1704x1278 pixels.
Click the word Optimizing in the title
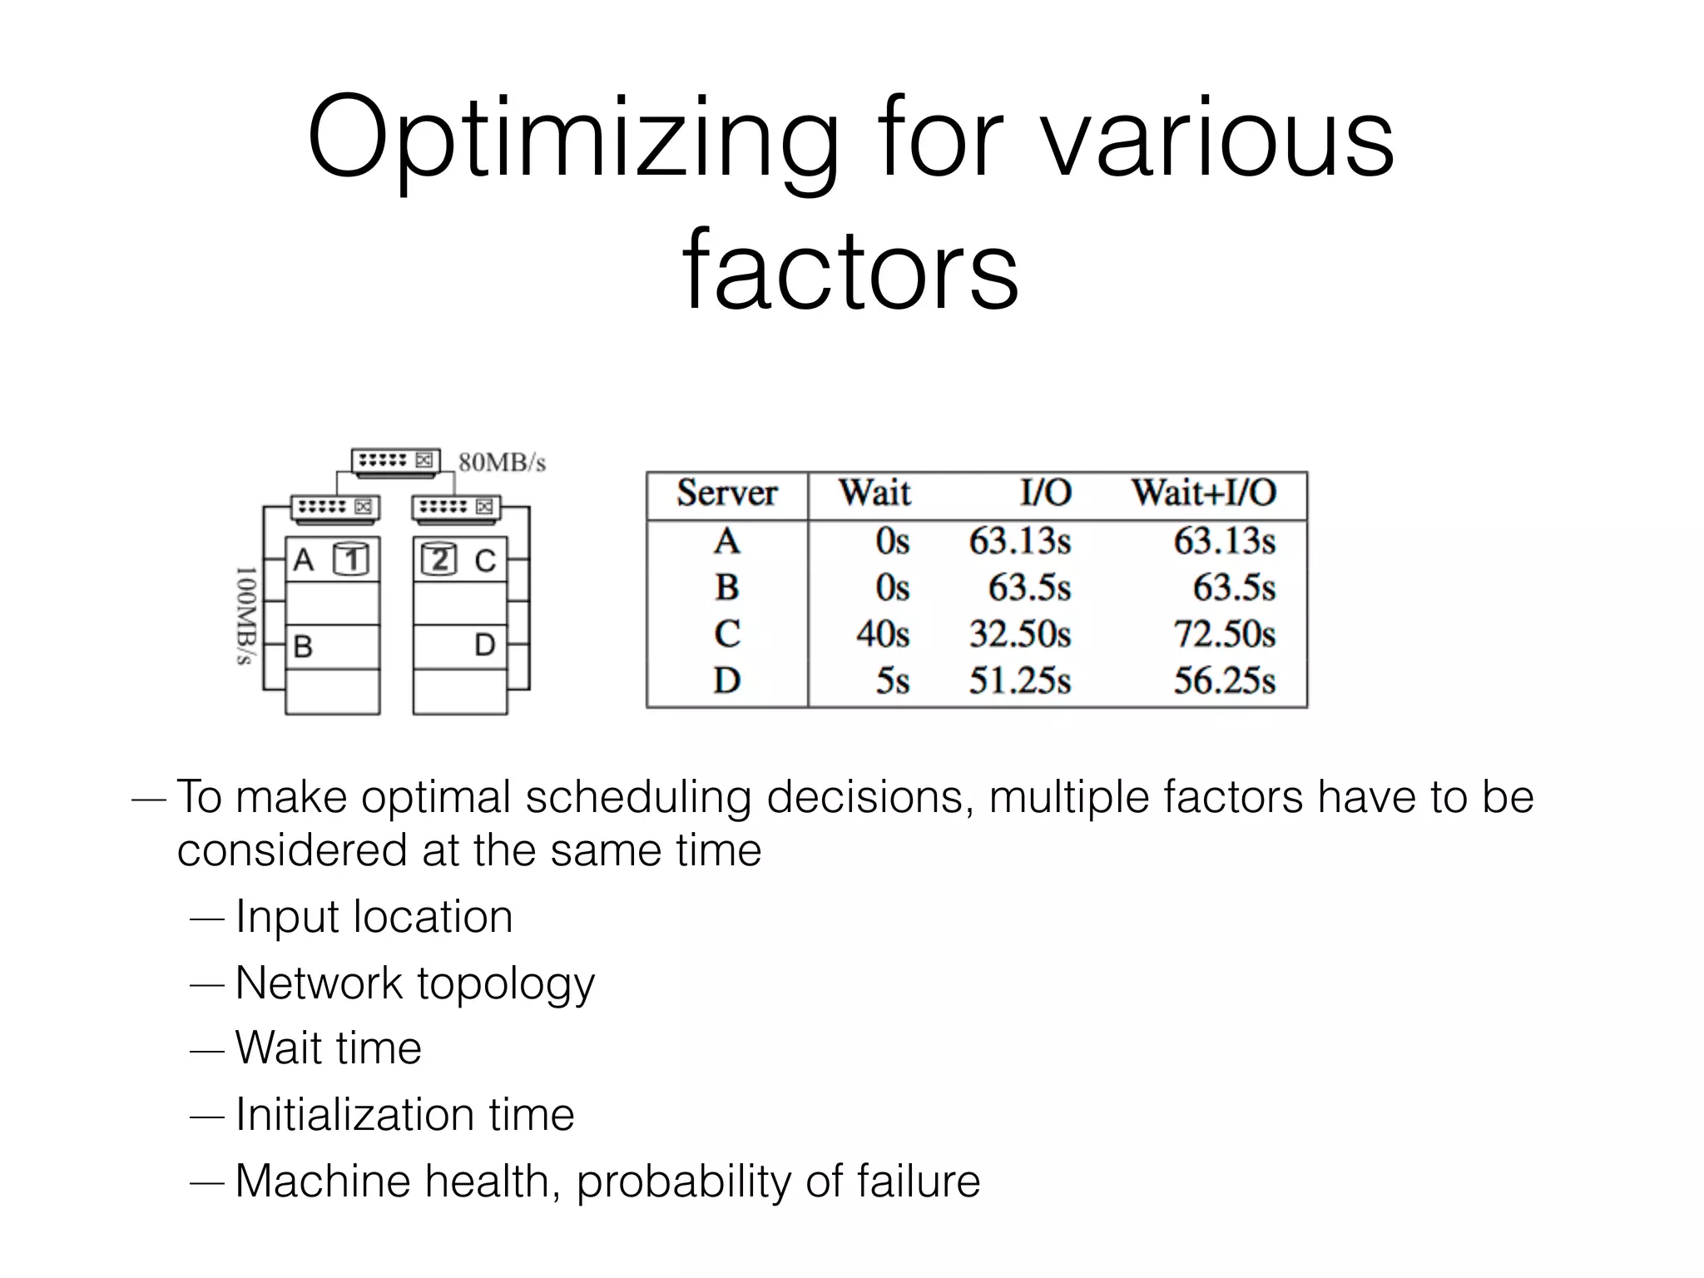572,140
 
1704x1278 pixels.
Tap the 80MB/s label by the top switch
502,463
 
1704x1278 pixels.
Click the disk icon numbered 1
350,559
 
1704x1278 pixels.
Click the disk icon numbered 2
438,559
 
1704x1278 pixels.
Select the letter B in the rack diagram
303,646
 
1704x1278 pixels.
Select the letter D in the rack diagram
484,645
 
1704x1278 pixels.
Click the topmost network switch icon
395,461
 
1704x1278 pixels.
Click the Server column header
726,493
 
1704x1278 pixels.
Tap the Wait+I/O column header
1203,493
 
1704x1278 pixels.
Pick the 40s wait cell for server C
882,635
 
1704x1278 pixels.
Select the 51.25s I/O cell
1019,681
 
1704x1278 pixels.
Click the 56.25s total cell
1224,681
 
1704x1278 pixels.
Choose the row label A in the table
726,542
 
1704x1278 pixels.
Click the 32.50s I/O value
1019,635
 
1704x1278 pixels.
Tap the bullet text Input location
374,917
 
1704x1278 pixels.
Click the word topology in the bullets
506,984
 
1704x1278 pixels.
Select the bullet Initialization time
404,1115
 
